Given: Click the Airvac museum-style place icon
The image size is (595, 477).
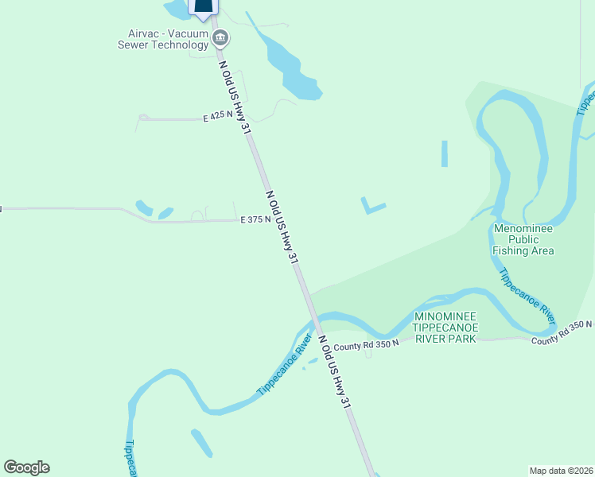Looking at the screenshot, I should (221, 37).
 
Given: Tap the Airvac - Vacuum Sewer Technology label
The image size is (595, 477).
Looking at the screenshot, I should (167, 39).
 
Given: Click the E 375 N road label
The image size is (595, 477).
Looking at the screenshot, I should (255, 220).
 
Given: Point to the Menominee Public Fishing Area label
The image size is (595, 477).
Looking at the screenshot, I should (523, 239).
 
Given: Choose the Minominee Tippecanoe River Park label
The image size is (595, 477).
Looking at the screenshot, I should (445, 328).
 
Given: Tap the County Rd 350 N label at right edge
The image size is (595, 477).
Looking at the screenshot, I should (563, 332).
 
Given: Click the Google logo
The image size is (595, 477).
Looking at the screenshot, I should (26, 467).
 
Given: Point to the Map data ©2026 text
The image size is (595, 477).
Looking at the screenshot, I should (562, 470).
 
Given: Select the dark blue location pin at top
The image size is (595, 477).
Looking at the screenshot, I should (204, 6).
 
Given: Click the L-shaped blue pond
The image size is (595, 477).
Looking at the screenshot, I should (371, 207).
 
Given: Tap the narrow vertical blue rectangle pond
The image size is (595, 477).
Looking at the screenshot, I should (444, 153).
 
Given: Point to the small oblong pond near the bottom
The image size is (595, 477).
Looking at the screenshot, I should (202, 443).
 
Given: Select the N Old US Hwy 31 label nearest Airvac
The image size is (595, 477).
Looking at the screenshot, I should (229, 90).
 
